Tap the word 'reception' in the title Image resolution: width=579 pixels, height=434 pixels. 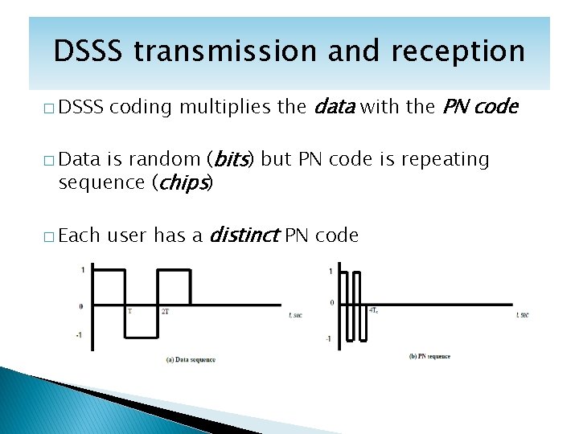click(458, 51)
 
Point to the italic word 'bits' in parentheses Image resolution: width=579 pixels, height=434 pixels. click(232, 159)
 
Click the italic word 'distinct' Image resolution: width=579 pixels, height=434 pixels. click(244, 235)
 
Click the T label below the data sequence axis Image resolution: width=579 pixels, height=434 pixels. click(129, 310)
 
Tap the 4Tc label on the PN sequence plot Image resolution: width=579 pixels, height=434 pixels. click(375, 310)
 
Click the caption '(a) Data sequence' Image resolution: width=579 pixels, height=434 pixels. click(191, 359)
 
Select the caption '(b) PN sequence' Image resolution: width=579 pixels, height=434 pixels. click(429, 356)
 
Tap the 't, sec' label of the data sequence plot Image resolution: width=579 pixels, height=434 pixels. click(295, 315)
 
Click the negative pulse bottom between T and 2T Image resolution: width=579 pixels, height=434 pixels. click(141, 337)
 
